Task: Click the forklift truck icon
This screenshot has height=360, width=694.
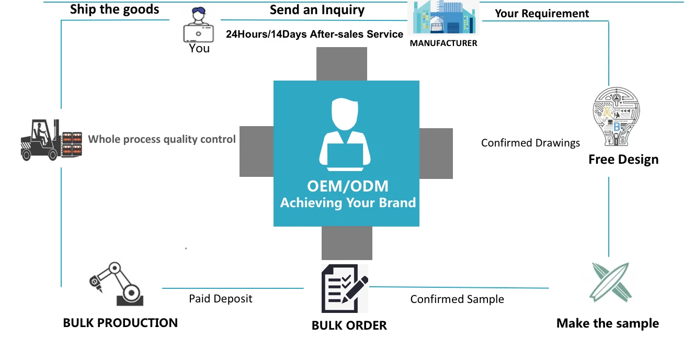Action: (x=51, y=140)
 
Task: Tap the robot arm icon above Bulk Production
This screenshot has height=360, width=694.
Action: (x=117, y=284)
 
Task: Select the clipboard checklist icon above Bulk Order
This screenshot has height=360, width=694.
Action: (x=345, y=288)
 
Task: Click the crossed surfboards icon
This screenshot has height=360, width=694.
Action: (x=610, y=282)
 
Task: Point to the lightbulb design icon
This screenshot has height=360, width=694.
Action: (x=616, y=117)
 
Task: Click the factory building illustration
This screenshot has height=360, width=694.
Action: (x=443, y=17)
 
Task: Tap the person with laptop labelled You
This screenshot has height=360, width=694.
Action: (x=198, y=25)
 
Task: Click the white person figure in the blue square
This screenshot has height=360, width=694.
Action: (x=345, y=134)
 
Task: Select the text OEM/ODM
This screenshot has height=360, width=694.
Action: (x=348, y=186)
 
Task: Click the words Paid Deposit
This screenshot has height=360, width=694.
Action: (x=221, y=299)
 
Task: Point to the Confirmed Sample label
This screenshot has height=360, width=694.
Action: (x=457, y=299)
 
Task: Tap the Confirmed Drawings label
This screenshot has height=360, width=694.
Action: (x=530, y=143)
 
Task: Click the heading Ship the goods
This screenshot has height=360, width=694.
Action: (x=115, y=9)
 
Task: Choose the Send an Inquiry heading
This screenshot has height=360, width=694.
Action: (x=317, y=10)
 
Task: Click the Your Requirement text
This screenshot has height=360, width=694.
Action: (x=542, y=14)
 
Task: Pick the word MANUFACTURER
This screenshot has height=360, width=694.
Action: (x=443, y=43)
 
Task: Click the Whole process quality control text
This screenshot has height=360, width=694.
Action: (x=162, y=139)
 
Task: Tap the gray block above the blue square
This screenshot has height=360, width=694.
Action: (x=342, y=64)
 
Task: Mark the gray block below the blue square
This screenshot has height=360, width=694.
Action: (x=347, y=243)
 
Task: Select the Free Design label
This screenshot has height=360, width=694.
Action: (x=623, y=160)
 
